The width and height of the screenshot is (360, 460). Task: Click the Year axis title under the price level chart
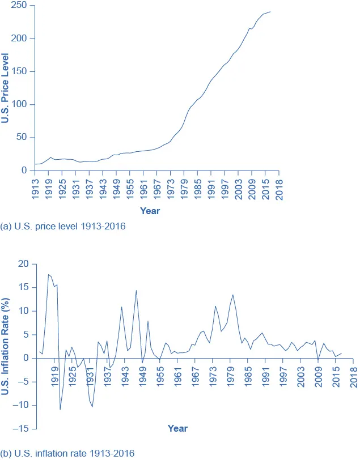click(x=150, y=211)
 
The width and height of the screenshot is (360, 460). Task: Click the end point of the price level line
click(x=270, y=11)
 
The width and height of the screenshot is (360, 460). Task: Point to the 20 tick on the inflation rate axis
click(x=23, y=263)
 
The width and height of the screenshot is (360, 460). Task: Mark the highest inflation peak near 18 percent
click(x=49, y=274)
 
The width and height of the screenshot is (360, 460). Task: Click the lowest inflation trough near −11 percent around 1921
click(x=60, y=409)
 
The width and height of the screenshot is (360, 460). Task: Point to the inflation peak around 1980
click(x=232, y=295)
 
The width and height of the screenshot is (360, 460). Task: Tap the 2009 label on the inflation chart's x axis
click(x=319, y=375)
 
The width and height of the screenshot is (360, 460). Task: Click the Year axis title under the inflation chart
click(x=177, y=428)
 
